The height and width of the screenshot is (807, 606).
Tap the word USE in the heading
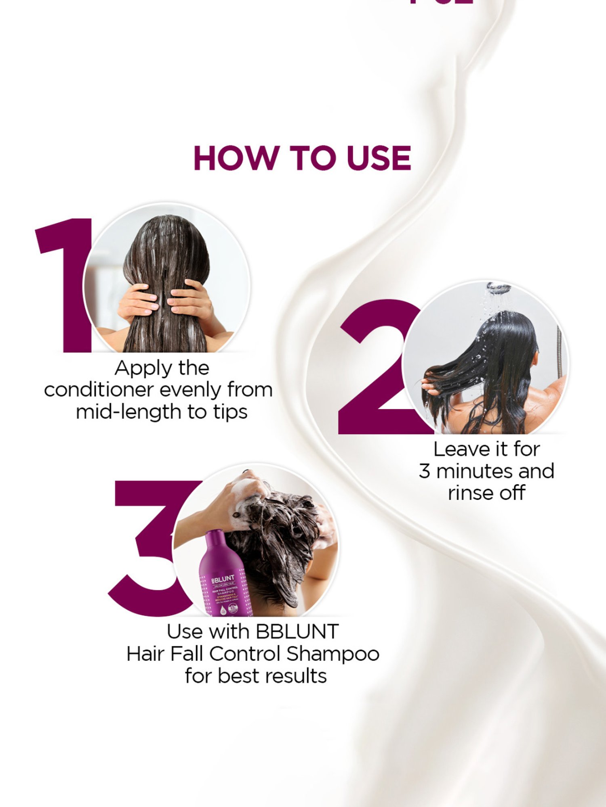379,158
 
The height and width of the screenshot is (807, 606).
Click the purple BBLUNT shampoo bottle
224,577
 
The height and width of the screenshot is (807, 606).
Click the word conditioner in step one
99,390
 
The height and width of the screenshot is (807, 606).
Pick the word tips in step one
230,412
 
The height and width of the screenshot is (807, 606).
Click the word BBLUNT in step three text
297,632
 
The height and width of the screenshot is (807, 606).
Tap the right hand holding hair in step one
190,301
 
